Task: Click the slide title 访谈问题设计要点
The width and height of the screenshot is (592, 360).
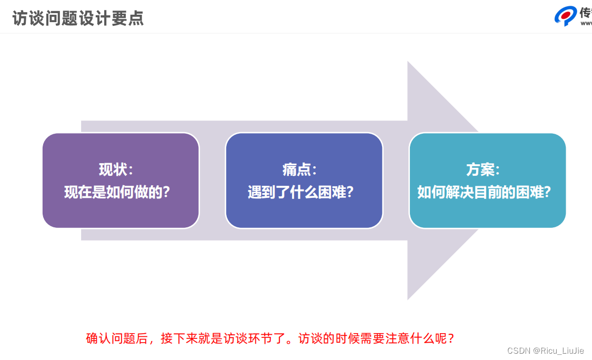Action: click(78, 18)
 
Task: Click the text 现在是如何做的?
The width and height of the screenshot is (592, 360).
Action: click(117, 192)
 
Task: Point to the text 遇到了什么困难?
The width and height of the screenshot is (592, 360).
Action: click(300, 192)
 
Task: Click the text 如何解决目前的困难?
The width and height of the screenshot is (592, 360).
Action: click(484, 192)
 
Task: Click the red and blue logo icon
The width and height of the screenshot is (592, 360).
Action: click(566, 16)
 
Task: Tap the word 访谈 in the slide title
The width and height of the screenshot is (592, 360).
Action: click(25, 18)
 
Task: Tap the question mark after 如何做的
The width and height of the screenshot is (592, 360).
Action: click(166, 192)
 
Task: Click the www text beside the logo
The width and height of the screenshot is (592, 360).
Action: click(586, 23)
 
